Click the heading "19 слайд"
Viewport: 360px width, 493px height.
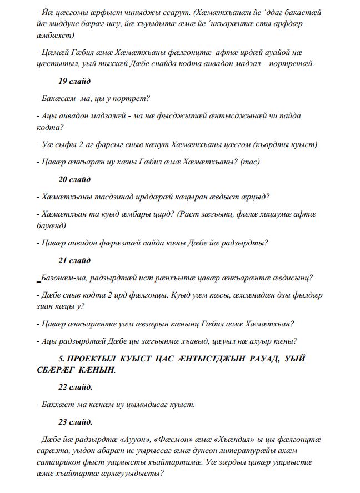(74, 82)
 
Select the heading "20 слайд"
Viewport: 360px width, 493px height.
(74, 179)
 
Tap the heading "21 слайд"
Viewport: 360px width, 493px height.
(74, 260)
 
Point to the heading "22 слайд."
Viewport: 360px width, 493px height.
(76, 387)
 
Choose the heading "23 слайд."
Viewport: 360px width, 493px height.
(76, 421)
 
